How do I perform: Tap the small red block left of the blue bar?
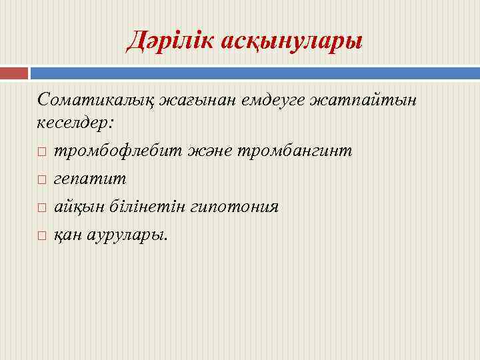[x=14, y=73]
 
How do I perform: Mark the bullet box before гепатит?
[x=41, y=180]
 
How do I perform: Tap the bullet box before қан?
[x=41, y=235]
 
